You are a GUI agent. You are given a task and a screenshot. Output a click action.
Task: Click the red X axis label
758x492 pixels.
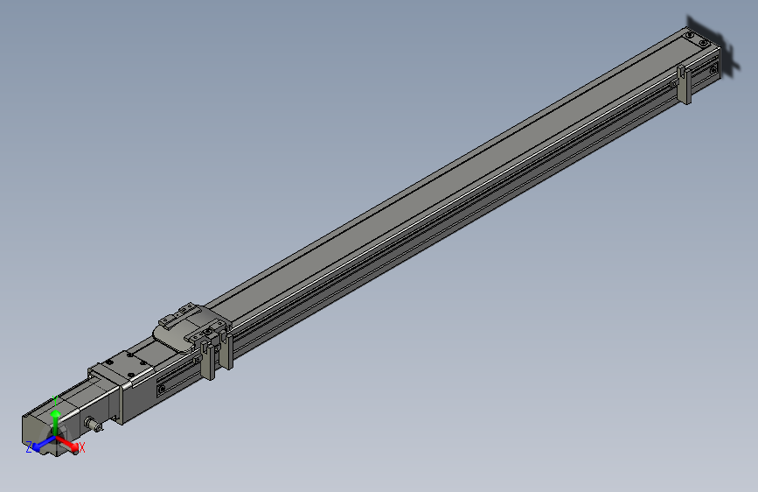[82, 447]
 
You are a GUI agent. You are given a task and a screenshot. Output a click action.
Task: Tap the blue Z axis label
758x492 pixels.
[29, 447]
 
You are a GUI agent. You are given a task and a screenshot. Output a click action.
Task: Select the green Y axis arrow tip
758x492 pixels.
[56, 417]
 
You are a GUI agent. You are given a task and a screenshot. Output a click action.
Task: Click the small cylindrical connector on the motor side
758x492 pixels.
[93, 425]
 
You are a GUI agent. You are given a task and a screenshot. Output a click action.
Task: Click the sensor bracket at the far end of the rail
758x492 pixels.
[685, 84]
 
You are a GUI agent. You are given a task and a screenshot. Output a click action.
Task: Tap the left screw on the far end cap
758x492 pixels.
[690, 36]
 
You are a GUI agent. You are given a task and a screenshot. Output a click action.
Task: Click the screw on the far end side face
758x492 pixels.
[714, 66]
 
